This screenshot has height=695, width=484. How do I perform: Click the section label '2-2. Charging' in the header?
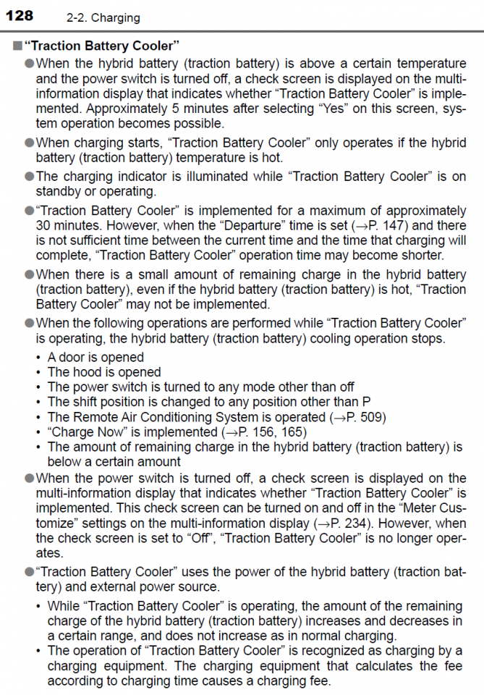pos(103,17)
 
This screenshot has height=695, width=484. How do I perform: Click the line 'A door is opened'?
pos(95,357)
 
